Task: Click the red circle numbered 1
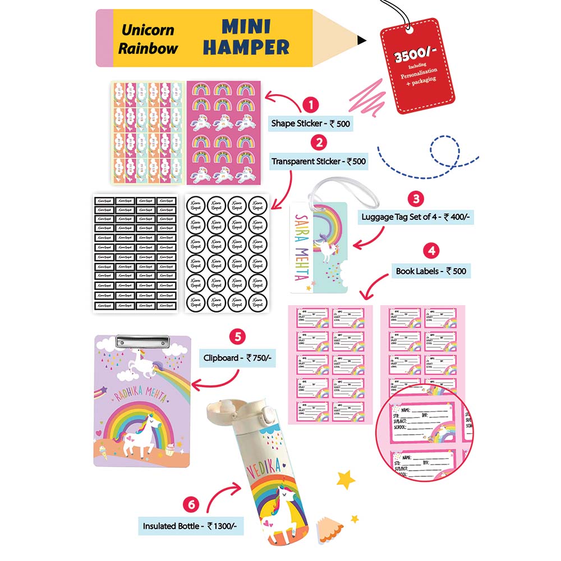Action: pos(310,105)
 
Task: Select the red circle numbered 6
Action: pos(192,504)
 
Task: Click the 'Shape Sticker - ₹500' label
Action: pos(310,123)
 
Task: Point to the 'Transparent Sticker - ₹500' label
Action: pos(319,162)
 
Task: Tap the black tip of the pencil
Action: pos(362,39)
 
